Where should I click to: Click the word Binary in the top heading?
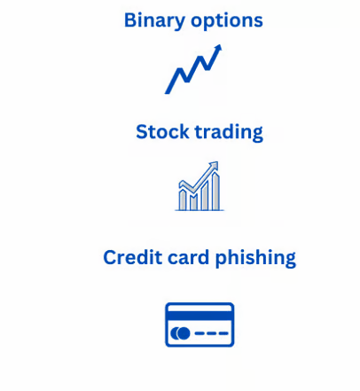tap(154, 20)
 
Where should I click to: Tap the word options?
tap(227, 21)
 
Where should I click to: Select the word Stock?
tap(162, 132)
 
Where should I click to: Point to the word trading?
tap(229, 132)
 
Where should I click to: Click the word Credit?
tap(132, 257)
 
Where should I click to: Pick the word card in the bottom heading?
tap(188, 257)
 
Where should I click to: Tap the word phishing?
tap(255, 258)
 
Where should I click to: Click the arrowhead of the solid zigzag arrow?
tap(218, 49)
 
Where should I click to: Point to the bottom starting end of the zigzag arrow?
tap(168, 91)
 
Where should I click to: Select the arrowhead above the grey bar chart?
tap(215, 166)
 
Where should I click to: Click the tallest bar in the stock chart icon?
tap(215, 192)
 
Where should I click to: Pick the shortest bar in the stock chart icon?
tap(194, 202)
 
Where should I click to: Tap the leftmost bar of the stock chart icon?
tap(183, 199)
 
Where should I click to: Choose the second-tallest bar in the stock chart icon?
tap(205, 196)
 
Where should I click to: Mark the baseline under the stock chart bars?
tap(200, 210)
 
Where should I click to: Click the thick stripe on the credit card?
tap(200, 316)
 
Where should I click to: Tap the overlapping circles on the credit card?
tap(180, 333)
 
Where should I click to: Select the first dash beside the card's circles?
tap(200, 333)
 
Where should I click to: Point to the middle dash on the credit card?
tap(212, 333)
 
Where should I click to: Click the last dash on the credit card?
tap(223, 333)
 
